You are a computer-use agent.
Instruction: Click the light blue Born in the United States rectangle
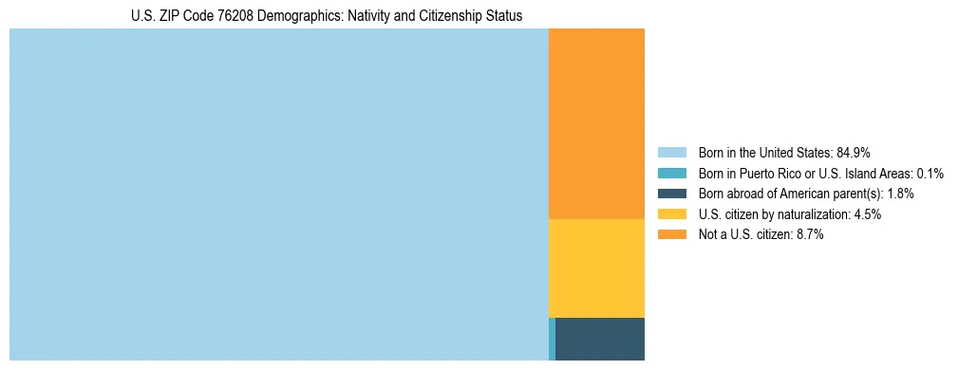pos(278,194)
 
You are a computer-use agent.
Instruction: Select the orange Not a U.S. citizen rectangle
pos(596,123)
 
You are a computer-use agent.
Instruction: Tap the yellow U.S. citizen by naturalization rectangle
pos(596,268)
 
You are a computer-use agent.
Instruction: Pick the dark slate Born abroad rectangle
pos(600,339)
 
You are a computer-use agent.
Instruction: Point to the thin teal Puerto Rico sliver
pos(552,339)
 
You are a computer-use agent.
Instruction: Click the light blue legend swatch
pos(671,152)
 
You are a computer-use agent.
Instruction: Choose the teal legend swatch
pos(671,173)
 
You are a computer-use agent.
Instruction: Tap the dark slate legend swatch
pos(671,194)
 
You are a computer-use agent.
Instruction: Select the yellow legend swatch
pos(671,214)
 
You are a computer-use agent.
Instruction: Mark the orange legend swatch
pos(671,235)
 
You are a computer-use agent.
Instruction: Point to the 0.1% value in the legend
pos(930,173)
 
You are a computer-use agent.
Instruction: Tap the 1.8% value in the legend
pos(900,194)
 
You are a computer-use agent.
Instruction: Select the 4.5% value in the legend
pos(868,214)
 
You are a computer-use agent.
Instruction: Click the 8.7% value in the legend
pos(810,235)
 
